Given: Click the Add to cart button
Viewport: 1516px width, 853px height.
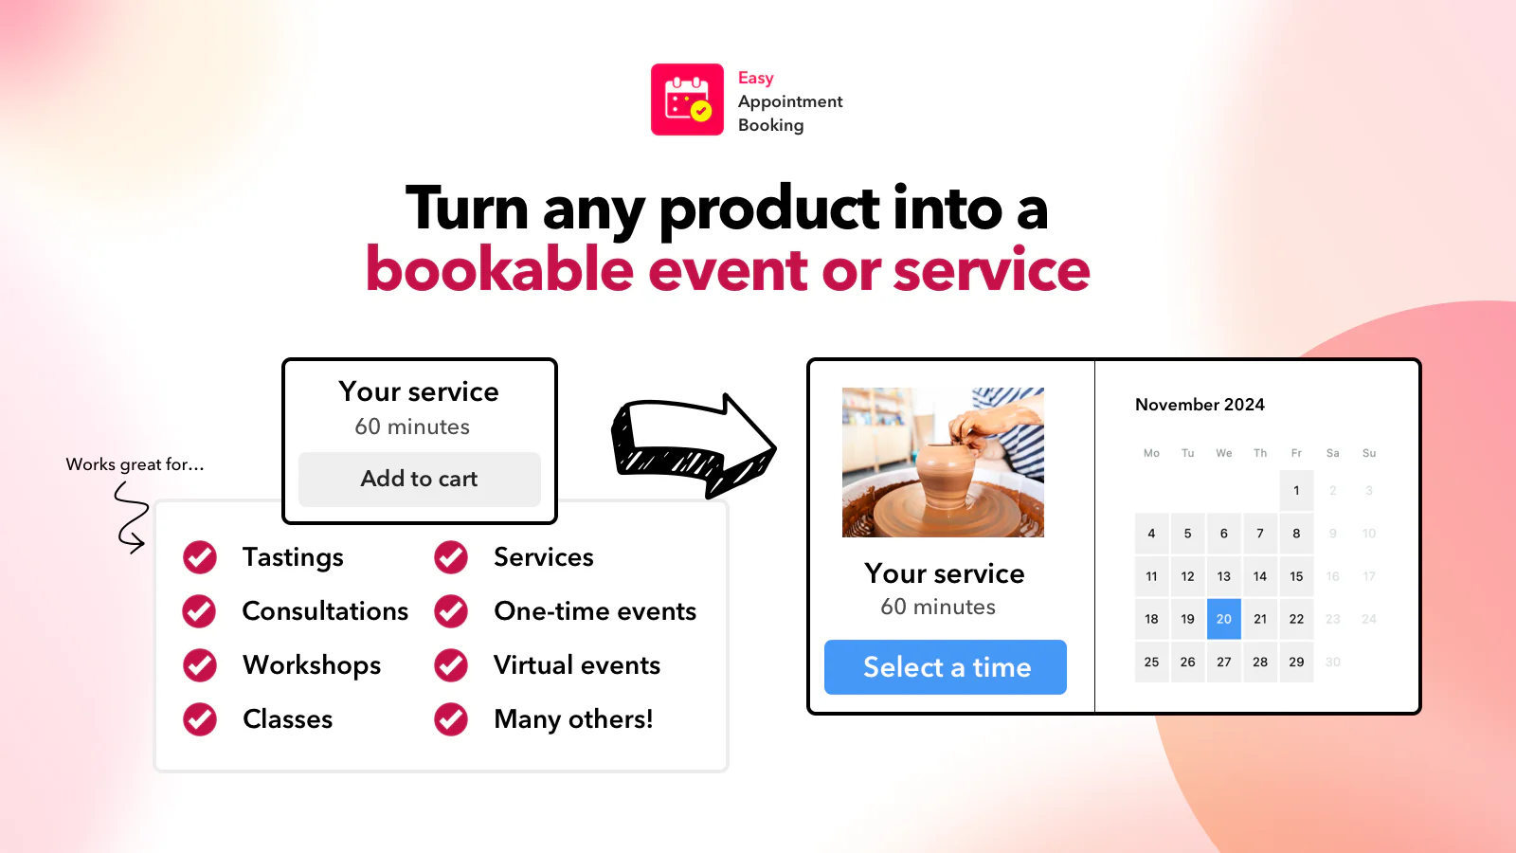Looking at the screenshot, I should coord(419,479).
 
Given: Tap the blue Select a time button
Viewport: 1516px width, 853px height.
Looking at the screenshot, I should coord(946,667).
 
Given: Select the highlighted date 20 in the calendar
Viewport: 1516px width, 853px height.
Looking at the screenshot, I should coord(1223,619).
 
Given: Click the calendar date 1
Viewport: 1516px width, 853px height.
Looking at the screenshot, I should coord(1296,490).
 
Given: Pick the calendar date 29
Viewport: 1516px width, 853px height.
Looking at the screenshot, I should coord(1296,662).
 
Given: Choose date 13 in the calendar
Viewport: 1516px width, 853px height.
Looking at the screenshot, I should coord(1223,576).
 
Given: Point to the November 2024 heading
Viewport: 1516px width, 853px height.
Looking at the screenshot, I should coord(1200,405).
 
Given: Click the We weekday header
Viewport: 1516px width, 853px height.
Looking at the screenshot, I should coord(1223,453).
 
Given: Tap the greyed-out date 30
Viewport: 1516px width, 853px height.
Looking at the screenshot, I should coord(1332,662).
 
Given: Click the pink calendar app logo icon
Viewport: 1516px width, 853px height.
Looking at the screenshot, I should coord(687,100).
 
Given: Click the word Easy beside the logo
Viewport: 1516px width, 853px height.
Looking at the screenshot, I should coord(755,78).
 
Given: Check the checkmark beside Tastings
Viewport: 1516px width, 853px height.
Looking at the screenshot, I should coord(200,557).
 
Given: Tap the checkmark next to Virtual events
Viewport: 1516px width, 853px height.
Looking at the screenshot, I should coord(451,665).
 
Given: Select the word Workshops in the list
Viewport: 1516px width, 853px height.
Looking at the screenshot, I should coord(312,665).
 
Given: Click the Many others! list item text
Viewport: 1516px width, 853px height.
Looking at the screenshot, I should coord(573,719).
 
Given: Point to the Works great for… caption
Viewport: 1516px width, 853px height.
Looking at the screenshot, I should coord(135,464).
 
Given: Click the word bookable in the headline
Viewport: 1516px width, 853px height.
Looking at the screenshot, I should coord(499,270).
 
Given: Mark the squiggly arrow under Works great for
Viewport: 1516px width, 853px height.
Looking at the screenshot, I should coord(131,517).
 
